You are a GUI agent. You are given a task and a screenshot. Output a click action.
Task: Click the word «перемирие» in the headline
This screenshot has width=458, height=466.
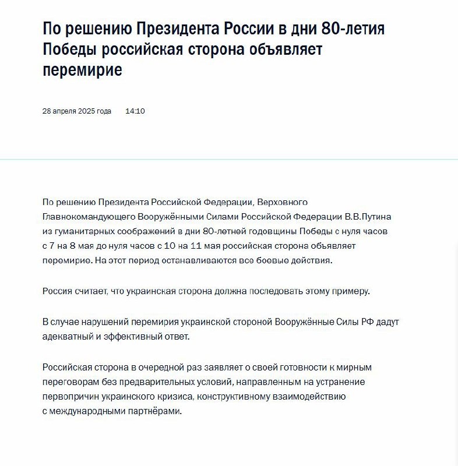(82, 70)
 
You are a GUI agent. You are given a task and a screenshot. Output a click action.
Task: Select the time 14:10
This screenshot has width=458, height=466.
(135, 111)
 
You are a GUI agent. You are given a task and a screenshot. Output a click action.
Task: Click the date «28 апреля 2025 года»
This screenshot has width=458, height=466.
(77, 111)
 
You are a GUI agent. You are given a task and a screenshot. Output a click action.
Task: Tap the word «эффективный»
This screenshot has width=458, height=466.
(129, 337)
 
